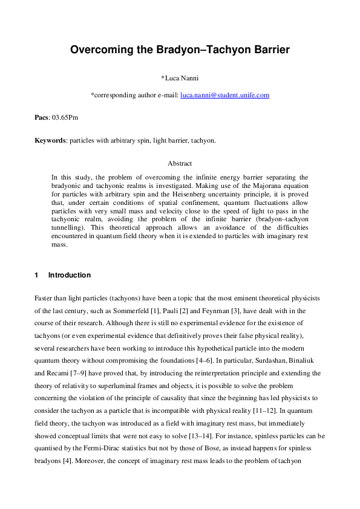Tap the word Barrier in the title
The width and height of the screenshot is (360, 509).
coord(266,50)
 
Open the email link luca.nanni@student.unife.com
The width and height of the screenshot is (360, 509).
coord(224,96)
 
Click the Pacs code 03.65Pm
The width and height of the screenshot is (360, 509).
coord(65,117)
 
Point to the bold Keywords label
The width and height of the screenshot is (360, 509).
coord(50,140)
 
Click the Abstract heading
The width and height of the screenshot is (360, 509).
coord(180,163)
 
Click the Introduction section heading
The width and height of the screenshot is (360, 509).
coord(69,275)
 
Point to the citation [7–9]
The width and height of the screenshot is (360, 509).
coord(80,374)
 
